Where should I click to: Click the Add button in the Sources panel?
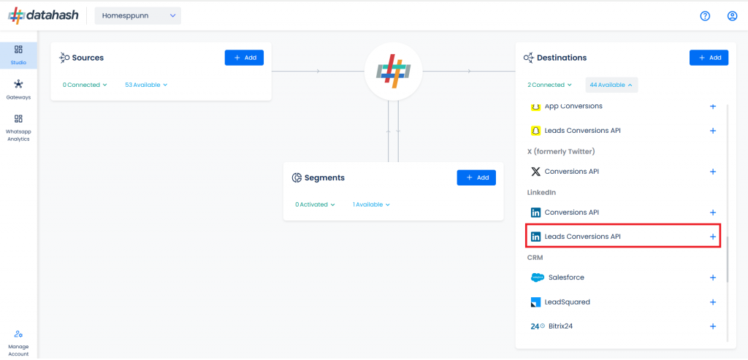click(x=244, y=58)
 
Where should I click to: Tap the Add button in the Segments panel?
click(x=476, y=177)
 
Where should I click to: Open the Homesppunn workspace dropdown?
click(x=138, y=16)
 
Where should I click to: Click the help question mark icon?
click(x=705, y=16)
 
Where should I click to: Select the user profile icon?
click(x=732, y=16)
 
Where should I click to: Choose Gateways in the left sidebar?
click(x=18, y=90)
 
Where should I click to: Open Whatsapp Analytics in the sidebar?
click(x=18, y=128)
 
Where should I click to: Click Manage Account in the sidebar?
click(x=18, y=343)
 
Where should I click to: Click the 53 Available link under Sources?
click(x=146, y=85)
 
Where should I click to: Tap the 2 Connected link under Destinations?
click(x=549, y=85)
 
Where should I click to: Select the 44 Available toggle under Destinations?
click(x=611, y=85)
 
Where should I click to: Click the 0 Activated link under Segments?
click(x=315, y=204)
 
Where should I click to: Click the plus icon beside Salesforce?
click(x=713, y=277)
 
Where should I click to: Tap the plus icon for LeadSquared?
click(x=713, y=302)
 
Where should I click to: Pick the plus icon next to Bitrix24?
click(x=713, y=326)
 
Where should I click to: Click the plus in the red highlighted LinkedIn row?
click(x=713, y=237)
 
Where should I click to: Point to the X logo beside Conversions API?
click(x=535, y=172)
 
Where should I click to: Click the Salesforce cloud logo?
click(x=537, y=277)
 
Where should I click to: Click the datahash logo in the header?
click(x=43, y=16)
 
